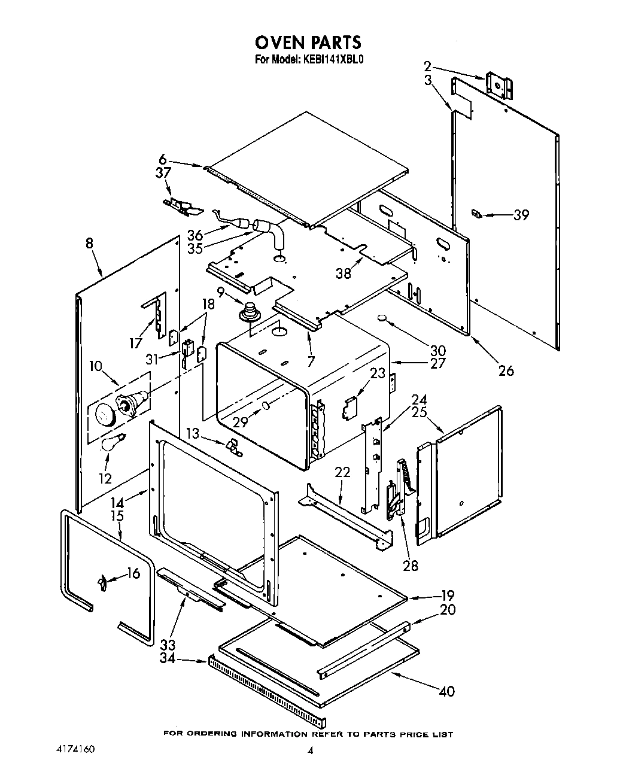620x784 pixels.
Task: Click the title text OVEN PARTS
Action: click(308, 42)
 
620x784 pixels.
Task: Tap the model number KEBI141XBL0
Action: click(331, 60)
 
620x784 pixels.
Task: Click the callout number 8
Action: click(89, 244)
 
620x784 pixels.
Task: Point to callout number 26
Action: click(506, 371)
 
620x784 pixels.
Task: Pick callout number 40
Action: click(446, 691)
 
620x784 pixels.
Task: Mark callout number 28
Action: click(411, 565)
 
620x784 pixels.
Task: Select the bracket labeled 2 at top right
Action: click(499, 86)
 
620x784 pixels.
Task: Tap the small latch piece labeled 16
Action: click(102, 581)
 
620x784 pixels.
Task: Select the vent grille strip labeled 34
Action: click(266, 688)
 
